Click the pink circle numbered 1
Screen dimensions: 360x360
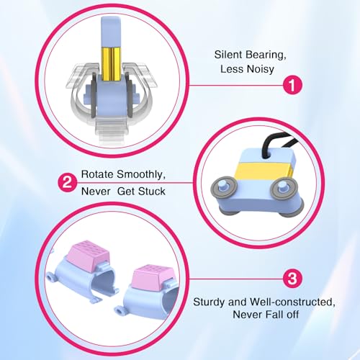click(x=292, y=85)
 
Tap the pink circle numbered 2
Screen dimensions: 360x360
click(x=68, y=182)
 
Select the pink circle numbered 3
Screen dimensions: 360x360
click(x=292, y=279)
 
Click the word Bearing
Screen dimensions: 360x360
click(x=266, y=55)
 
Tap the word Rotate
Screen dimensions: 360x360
click(x=97, y=174)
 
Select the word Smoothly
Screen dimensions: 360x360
click(x=141, y=175)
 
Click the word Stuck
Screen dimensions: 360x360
click(x=152, y=192)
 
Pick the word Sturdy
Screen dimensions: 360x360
click(x=210, y=302)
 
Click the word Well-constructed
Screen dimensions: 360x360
click(x=293, y=302)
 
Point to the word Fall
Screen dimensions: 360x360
click(x=274, y=315)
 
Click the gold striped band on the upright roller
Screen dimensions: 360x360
click(x=111, y=63)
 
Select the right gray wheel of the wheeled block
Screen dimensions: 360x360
click(x=284, y=188)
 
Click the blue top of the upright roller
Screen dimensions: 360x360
click(x=111, y=32)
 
